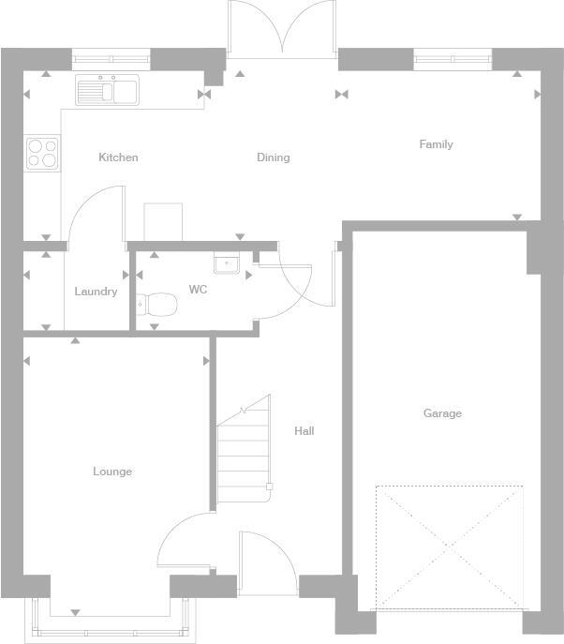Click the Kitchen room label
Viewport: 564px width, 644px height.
(x=118, y=157)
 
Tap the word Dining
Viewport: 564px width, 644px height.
(x=273, y=157)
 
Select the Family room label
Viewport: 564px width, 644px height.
(x=436, y=144)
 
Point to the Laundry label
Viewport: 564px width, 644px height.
(x=96, y=292)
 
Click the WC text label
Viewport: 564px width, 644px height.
(x=198, y=290)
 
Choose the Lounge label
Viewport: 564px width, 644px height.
(x=112, y=472)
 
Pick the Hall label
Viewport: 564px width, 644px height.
(x=304, y=431)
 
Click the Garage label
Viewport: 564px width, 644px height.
(x=442, y=413)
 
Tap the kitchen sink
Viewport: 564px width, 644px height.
(x=107, y=90)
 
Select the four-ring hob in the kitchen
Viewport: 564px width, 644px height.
(x=42, y=153)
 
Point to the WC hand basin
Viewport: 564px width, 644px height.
(x=226, y=264)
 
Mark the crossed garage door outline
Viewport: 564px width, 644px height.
(x=449, y=547)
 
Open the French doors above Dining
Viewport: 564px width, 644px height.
(x=281, y=28)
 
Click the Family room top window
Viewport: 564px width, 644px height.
(x=453, y=60)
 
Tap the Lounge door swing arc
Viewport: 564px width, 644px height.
(x=182, y=541)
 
